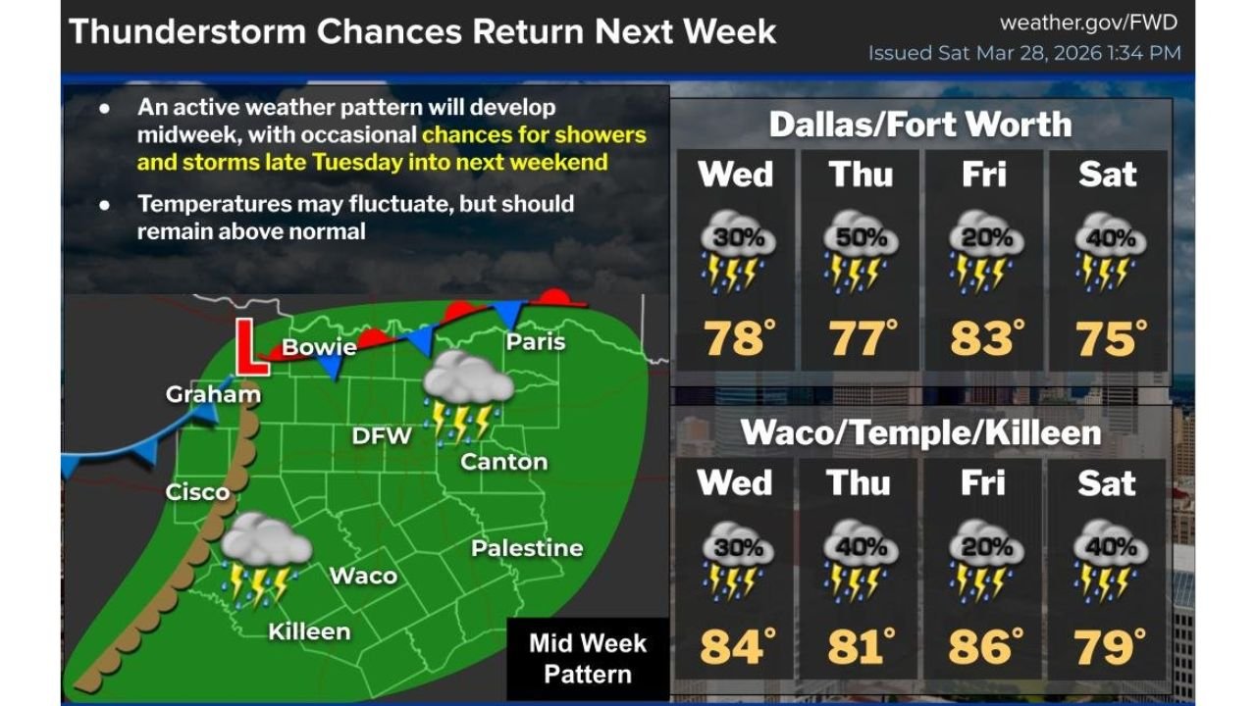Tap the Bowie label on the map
[x=319, y=347]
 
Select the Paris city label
[x=536, y=341]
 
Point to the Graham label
[x=213, y=394]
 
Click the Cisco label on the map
[x=197, y=491]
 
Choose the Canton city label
[x=503, y=461]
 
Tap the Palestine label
[x=527, y=548]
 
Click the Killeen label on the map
[x=309, y=631]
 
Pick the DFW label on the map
[x=382, y=434]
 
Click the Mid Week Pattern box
[x=588, y=658]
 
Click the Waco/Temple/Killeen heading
[x=920, y=432]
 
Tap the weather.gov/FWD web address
[x=1088, y=23]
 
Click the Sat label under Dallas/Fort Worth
[x=1108, y=174]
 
